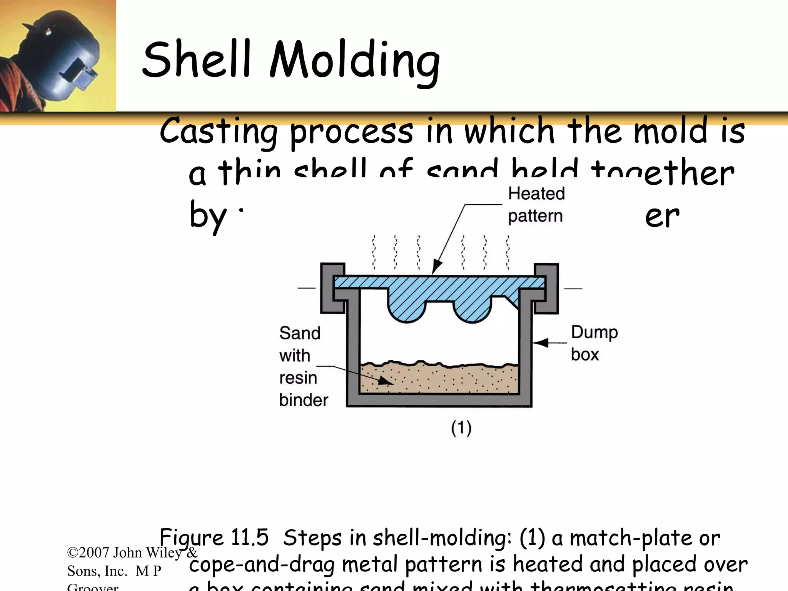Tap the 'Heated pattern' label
(536, 204)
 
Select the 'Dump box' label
(594, 343)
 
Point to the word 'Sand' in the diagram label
(300, 333)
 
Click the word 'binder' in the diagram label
(304, 400)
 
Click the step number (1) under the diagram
(461, 428)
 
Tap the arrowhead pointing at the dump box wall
(540, 343)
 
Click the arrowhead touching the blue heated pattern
(437, 267)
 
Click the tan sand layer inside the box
(439, 379)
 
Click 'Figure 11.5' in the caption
(214, 538)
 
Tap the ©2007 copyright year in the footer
(88, 553)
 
